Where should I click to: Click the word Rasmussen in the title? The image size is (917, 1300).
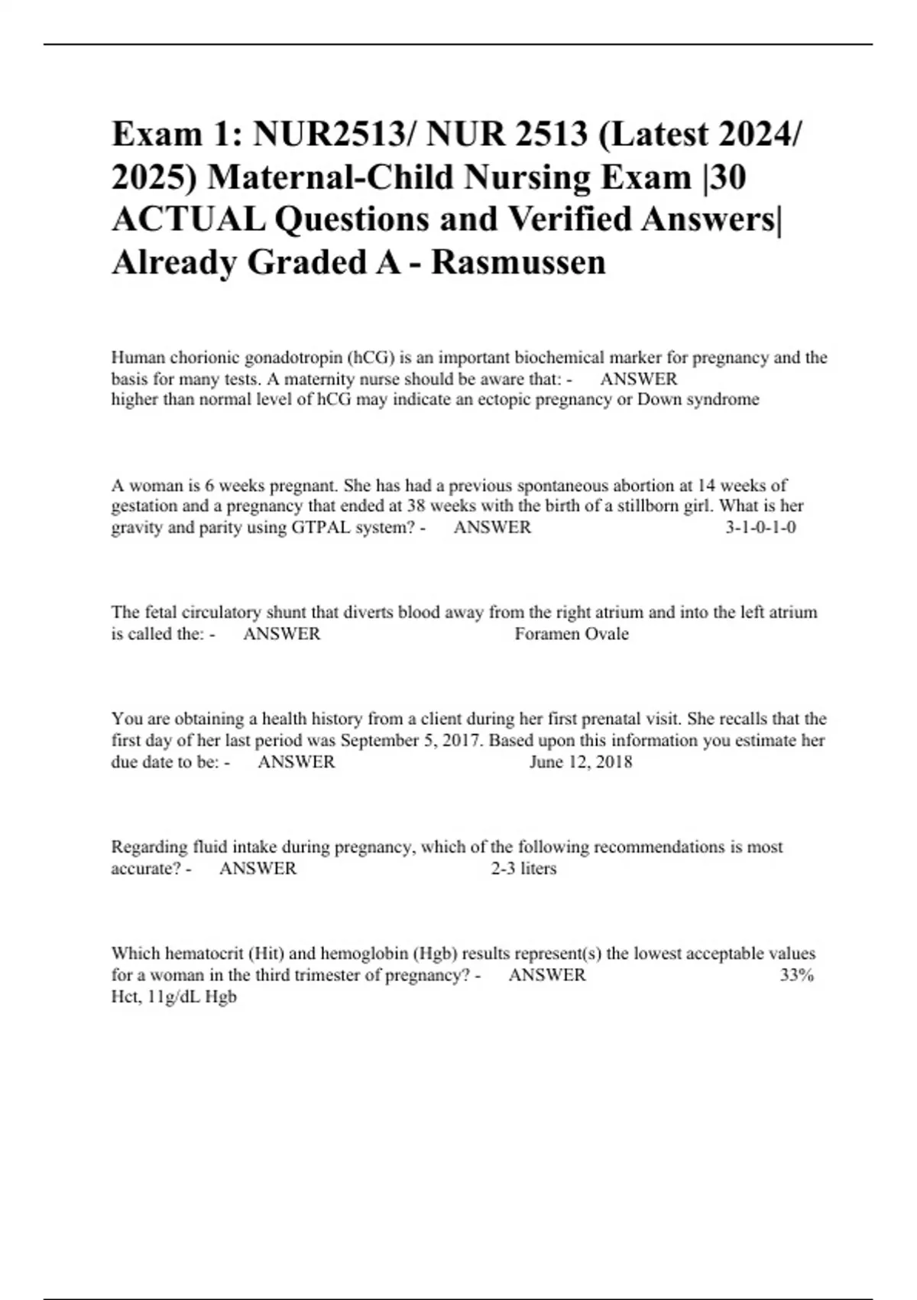519,262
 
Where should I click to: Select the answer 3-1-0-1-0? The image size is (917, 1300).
760,527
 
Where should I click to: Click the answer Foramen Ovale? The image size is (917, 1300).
572,634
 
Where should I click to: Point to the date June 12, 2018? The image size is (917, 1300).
581,762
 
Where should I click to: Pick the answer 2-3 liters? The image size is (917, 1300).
523,869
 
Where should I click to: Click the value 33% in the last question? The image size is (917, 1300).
797,975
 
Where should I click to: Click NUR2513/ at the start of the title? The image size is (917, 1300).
334,135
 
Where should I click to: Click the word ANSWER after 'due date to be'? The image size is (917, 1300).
296,762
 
